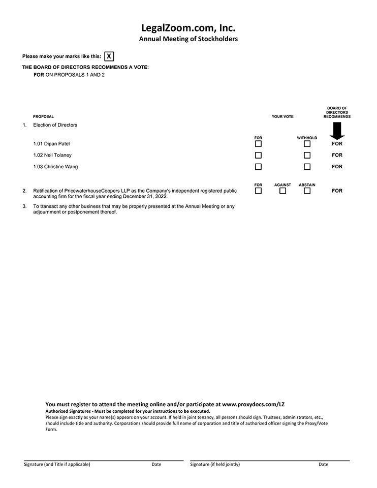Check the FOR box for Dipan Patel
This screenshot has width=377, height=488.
point(258,144)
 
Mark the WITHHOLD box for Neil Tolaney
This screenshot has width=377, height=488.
point(307,156)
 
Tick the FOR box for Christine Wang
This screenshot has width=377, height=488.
point(258,167)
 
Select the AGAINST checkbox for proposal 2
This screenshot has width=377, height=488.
point(282,191)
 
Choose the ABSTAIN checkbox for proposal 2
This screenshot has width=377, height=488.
point(307,191)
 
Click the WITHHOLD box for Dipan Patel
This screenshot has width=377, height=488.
point(307,144)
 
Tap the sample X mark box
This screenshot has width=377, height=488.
point(109,56)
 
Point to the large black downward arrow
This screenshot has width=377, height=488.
point(336,130)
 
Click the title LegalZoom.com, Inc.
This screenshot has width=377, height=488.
point(188,28)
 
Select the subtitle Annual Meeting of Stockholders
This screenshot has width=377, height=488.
point(188,39)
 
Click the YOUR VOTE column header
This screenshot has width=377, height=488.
point(282,117)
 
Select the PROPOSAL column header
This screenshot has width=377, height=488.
point(43,117)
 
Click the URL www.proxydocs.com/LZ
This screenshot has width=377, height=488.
point(254,405)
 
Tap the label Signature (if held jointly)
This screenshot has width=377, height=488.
point(215,464)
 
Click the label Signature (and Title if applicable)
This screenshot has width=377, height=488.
point(57,464)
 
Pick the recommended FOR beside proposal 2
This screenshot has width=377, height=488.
point(337,191)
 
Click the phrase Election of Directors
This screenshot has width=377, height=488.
point(55,125)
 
